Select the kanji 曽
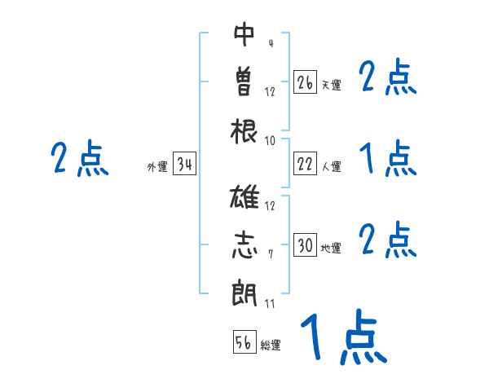pos(244,81)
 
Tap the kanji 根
pos(244,130)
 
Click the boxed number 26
pos(306,82)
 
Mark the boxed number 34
pos(184,165)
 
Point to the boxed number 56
pos(244,342)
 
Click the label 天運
pos(331,85)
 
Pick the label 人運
pos(331,167)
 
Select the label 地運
pos(331,249)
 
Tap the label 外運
pos(156,167)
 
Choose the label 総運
pos(271,346)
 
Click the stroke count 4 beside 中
pos(270,44)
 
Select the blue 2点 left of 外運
pos(79,159)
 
